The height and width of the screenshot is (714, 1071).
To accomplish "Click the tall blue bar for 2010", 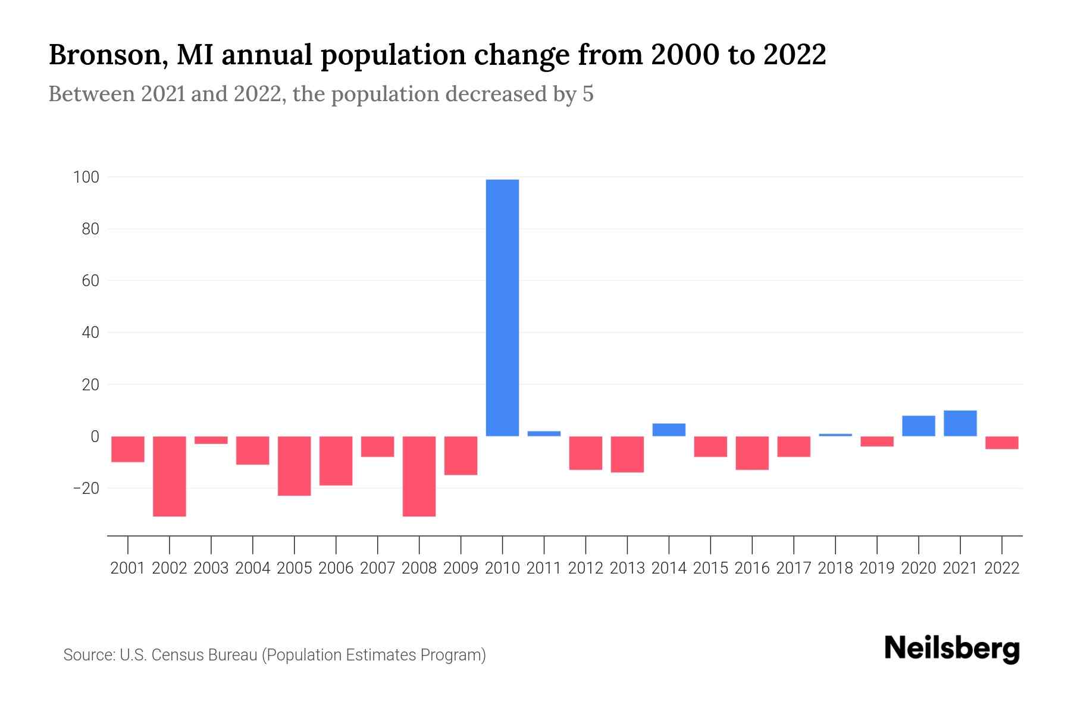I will click(502, 308).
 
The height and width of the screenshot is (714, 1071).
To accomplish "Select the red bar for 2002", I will click(170, 476).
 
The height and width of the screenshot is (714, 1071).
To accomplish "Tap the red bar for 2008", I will click(419, 476).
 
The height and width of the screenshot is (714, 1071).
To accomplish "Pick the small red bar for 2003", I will click(211, 440).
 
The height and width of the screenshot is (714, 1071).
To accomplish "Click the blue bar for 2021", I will click(960, 424).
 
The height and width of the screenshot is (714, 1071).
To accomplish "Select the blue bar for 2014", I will click(669, 430).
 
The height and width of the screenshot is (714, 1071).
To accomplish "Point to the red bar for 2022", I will click(1001, 443).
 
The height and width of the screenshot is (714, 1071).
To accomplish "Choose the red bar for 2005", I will click(295, 466).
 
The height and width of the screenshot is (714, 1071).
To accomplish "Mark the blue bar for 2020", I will click(918, 426).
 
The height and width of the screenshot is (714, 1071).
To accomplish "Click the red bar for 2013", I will click(627, 455).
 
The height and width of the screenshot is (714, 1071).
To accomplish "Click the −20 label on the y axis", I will click(86, 488).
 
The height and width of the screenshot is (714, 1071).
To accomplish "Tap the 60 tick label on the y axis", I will click(90, 281).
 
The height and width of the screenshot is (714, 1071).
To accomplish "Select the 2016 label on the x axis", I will click(752, 568).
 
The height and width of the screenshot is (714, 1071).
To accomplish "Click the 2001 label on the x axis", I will click(128, 568).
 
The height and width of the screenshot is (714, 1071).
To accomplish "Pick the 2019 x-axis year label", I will click(876, 568).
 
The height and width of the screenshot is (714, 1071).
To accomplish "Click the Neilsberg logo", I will click(952, 649).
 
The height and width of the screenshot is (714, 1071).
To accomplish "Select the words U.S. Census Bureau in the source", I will click(189, 655).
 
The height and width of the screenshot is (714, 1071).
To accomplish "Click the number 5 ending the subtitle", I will click(588, 94).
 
